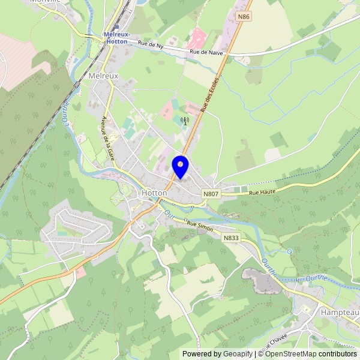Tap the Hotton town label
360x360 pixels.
pos(154,193)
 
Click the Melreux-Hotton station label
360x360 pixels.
pos(116,38)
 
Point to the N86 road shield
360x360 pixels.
pos(243,17)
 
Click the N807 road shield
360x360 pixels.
pos(211,194)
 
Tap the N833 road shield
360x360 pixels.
pos(231,238)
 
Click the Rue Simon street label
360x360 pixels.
pos(200,224)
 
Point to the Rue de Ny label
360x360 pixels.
pos(151,45)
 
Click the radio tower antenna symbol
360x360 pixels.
pos(184,121)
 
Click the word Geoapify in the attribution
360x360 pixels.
pos(238,354)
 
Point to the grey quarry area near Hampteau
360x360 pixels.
pos(259,281)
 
